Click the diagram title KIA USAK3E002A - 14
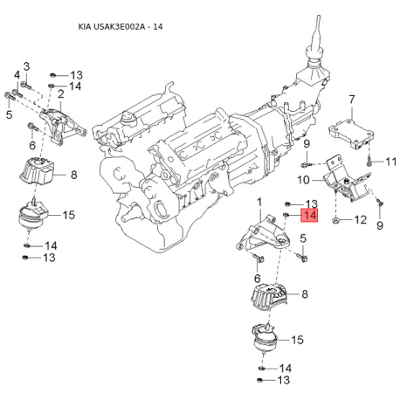coord(121,27)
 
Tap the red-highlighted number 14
coord(309,216)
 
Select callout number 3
coord(26,66)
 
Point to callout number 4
coord(17,75)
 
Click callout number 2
coord(61,94)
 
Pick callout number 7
coord(352,100)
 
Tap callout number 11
coord(391,162)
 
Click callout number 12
coord(361,219)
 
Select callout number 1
coord(259,202)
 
